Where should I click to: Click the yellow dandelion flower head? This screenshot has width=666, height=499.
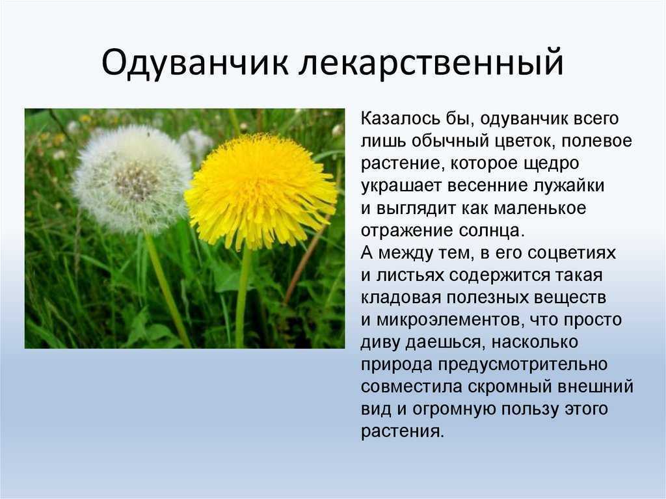pos(260,191)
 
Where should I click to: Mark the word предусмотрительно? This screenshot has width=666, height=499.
pos(523,365)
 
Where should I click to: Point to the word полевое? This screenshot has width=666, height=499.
pos(597,141)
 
